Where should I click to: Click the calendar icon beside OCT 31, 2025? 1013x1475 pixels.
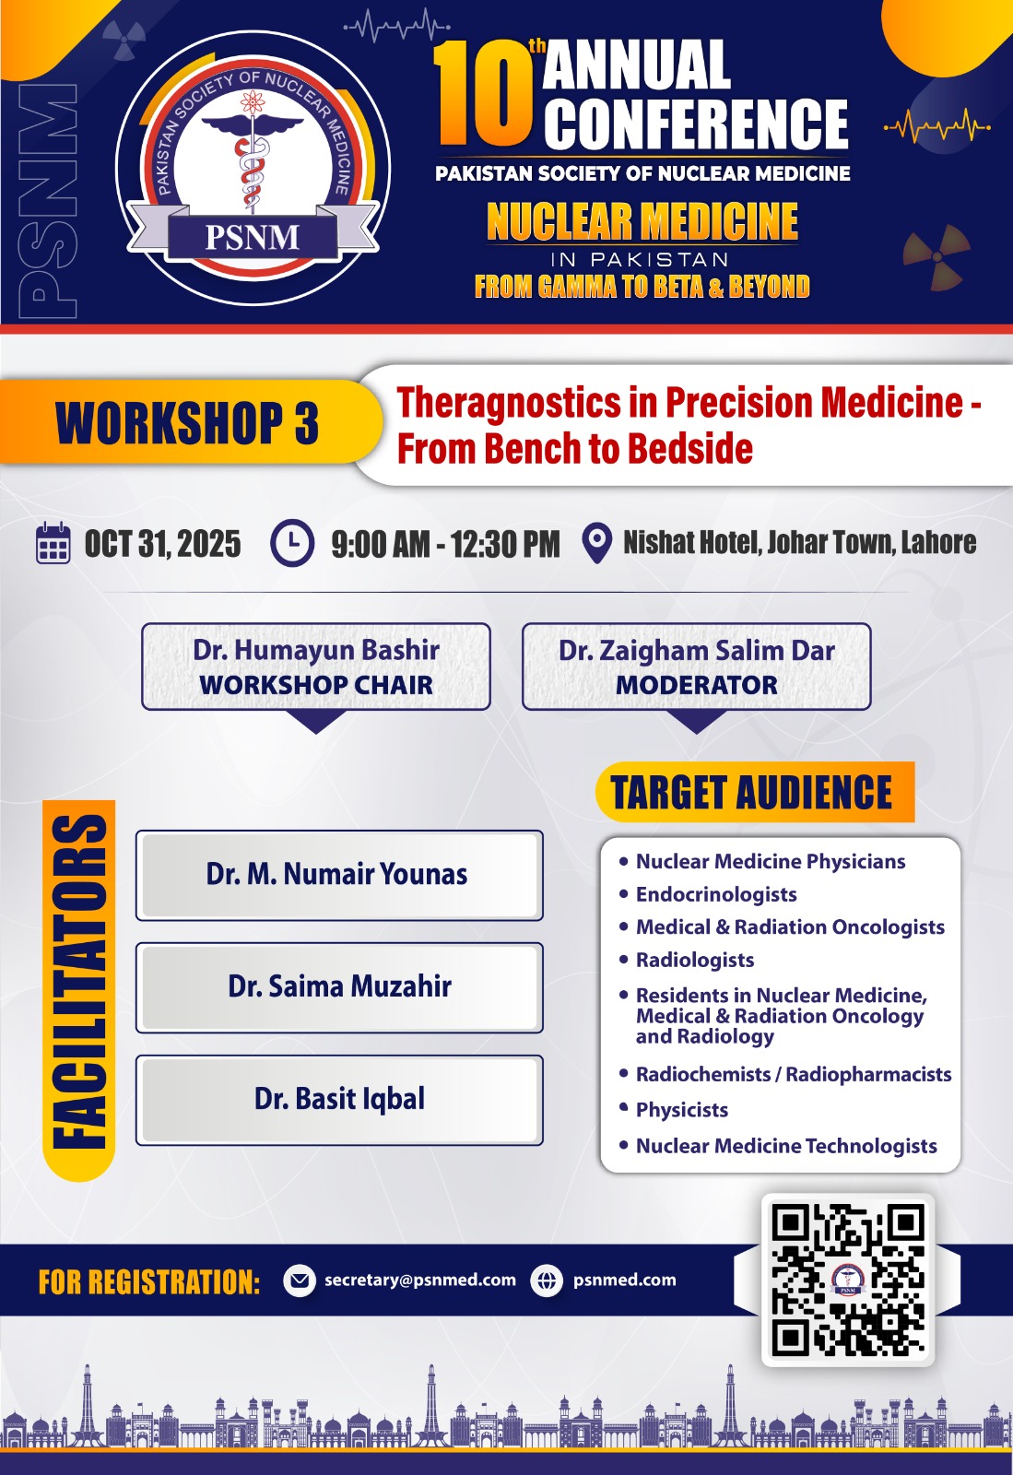click(x=53, y=543)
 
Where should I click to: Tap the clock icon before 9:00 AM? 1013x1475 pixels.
click(x=292, y=543)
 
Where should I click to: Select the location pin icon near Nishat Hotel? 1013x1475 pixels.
click(x=597, y=543)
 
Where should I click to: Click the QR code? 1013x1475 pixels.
click(x=848, y=1280)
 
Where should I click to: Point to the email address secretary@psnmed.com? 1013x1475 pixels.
click(x=420, y=1280)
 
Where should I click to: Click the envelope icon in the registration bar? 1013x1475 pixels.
click(x=300, y=1280)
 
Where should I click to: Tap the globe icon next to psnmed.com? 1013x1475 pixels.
click(x=547, y=1280)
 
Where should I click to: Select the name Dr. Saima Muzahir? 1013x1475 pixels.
click(x=339, y=986)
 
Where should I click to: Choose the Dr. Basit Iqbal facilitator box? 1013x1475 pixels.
click(x=339, y=1100)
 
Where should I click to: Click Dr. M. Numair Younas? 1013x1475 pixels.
click(x=337, y=874)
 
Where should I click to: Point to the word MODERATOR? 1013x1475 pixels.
click(x=697, y=685)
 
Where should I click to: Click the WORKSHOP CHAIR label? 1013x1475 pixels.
click(x=316, y=685)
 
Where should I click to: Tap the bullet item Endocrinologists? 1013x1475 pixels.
click(x=716, y=894)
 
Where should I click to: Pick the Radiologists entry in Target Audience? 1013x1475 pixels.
click(x=695, y=960)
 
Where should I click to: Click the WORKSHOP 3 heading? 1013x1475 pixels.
click(x=188, y=423)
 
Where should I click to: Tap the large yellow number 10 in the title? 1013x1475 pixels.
click(x=483, y=94)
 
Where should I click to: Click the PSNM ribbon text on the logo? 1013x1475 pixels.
click(x=253, y=237)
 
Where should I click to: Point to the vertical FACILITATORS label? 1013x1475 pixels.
click(x=79, y=983)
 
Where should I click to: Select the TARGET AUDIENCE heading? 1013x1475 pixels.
click(x=752, y=792)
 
